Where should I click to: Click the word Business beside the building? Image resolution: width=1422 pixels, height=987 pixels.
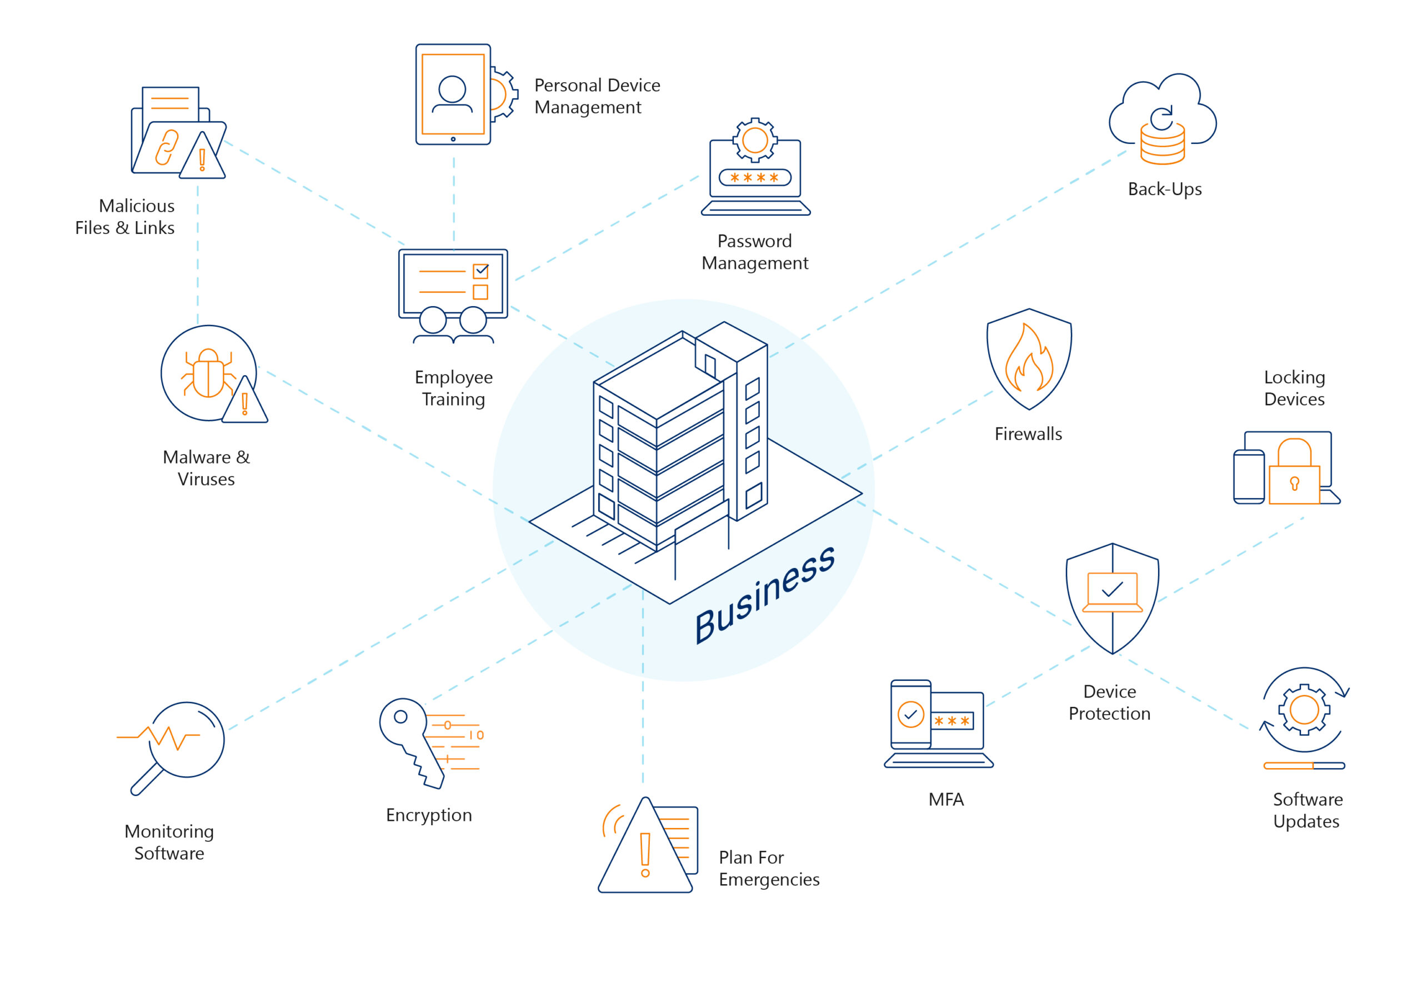pos(764,594)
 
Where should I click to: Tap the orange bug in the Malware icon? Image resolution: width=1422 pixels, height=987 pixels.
pos(208,373)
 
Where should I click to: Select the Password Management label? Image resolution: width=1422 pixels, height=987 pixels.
pos(754,252)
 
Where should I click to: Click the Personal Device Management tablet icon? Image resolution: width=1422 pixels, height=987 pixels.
pos(453,94)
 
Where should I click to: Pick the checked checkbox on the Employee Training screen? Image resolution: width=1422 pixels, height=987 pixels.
pos(480,271)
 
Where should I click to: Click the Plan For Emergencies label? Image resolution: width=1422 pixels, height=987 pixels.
pos(769,868)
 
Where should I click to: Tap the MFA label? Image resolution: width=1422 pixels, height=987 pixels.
pos(945,799)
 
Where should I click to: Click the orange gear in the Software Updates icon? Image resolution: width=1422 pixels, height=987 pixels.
pos(1304,709)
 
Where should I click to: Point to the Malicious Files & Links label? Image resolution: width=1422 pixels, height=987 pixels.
pos(125,216)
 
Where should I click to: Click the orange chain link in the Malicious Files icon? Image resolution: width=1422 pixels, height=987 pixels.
pos(166,147)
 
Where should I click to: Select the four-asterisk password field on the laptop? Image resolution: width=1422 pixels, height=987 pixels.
pos(754,177)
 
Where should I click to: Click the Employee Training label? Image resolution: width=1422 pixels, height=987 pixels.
pos(454,388)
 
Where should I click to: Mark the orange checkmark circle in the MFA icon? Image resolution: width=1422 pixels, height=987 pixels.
pos(910,715)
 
